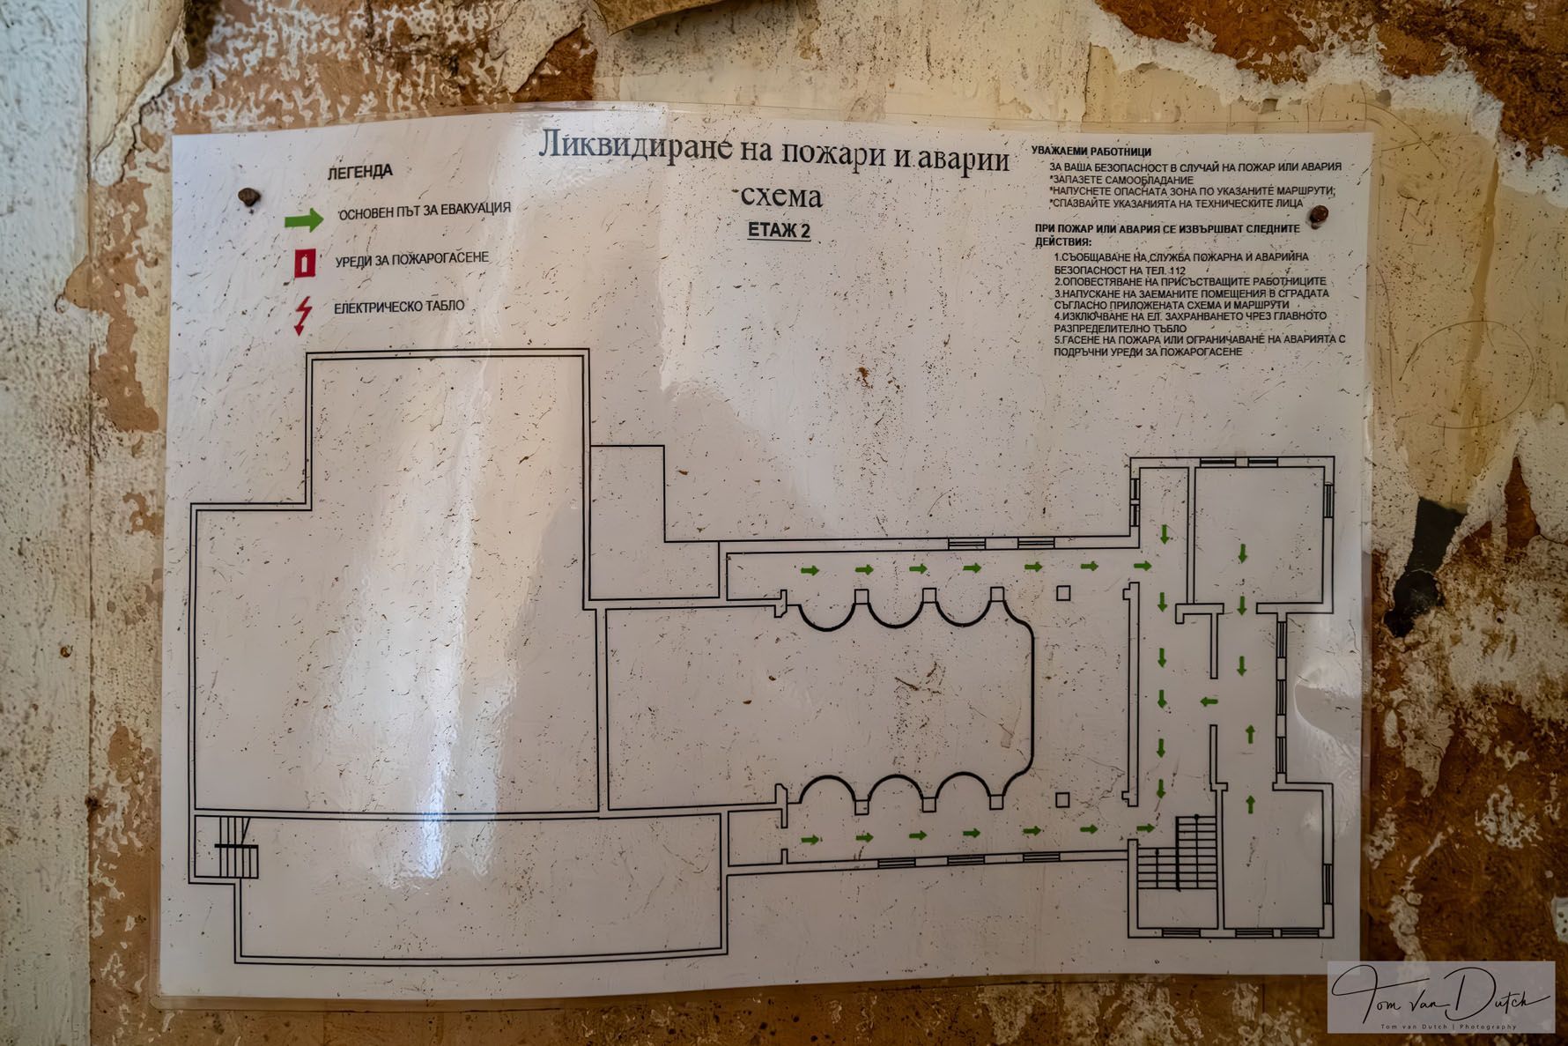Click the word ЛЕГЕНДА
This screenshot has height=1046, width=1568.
click(359, 171)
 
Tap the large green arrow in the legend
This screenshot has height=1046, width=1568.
click(304, 219)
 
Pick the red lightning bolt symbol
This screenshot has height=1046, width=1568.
click(302, 315)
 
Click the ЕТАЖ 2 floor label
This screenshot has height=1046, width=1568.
click(779, 231)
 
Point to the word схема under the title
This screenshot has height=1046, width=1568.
click(781, 196)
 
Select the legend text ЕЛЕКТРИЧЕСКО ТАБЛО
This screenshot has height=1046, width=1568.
click(399, 307)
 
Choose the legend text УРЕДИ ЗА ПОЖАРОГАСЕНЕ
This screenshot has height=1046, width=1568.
click(411, 259)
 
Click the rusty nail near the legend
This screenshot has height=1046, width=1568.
click(249, 197)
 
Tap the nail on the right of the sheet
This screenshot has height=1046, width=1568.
click(1319, 214)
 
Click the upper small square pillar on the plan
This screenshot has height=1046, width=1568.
click(1063, 592)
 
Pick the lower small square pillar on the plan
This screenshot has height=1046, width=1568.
click(1062, 799)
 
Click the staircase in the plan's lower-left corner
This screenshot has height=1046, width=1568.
click(227, 849)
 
